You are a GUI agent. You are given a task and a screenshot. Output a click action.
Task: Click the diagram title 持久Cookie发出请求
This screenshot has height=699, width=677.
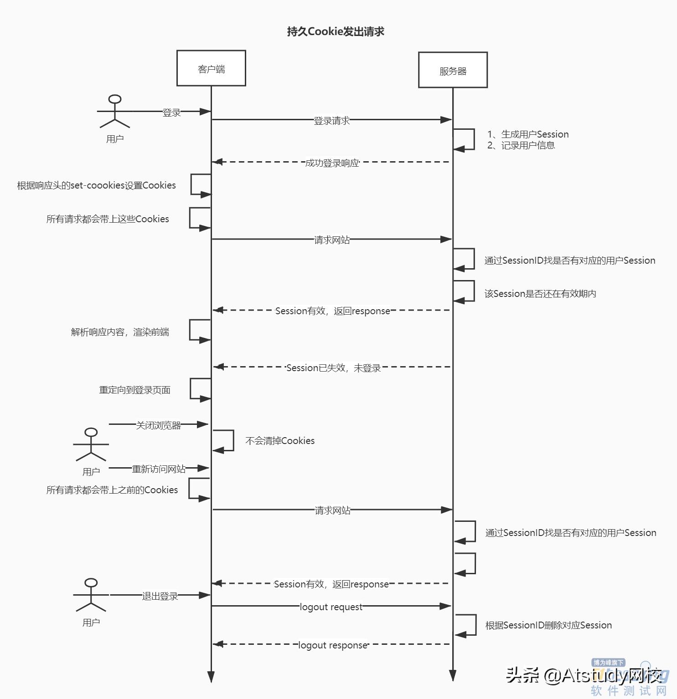coord(336,31)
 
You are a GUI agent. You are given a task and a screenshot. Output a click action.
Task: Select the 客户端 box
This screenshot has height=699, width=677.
coord(211,68)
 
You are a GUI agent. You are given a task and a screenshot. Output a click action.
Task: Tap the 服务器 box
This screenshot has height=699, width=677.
coord(453,70)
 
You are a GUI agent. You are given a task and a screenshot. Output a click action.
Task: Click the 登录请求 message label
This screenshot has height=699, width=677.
coord(331,121)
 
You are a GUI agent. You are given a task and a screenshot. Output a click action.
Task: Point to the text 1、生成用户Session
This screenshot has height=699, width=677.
coord(528,134)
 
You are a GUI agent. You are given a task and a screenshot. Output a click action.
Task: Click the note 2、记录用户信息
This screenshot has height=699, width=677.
coord(521,145)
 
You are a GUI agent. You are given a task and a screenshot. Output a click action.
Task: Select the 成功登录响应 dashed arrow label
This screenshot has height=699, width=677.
coord(332,163)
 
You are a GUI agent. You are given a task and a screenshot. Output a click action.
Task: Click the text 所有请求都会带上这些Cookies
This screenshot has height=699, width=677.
coord(108,219)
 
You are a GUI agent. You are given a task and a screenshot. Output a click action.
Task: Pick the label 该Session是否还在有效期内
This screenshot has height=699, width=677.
coord(540,294)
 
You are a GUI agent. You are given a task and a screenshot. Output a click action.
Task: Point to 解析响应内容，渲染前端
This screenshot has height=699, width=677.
coord(120,332)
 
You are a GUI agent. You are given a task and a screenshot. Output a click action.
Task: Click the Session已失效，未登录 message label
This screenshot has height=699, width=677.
coord(333,368)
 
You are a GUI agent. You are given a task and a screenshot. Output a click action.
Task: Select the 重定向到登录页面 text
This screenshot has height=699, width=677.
coord(134,390)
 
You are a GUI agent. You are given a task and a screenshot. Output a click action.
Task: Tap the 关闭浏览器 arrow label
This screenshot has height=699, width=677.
coord(158,425)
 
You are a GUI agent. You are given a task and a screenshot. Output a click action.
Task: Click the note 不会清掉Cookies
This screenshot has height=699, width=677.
coord(280,441)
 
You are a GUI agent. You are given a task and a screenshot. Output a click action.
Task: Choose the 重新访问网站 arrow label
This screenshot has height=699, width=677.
coord(159,469)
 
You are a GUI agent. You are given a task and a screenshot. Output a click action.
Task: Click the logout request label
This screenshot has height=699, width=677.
coord(331,607)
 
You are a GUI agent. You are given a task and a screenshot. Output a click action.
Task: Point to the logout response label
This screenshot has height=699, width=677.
coord(332,645)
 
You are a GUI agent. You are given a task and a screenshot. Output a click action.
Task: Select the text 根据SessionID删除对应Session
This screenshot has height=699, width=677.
coord(548,625)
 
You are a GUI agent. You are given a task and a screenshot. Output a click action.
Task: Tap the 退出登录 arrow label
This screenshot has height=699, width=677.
coord(160,596)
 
